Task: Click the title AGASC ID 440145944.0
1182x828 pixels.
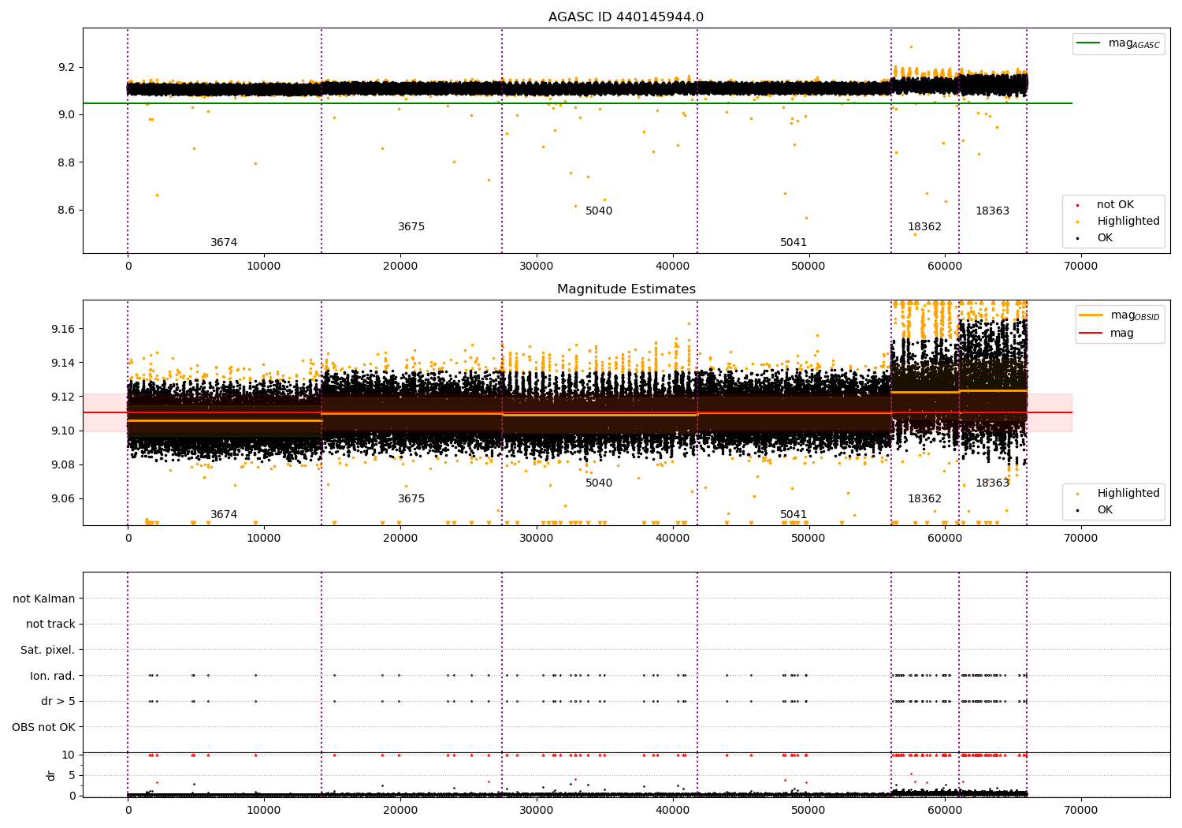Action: [x=626, y=17]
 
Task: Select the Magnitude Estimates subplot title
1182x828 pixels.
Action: [x=626, y=289]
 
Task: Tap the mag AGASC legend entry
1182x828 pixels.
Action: [x=1118, y=43]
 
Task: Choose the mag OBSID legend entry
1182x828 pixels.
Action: [x=1119, y=315]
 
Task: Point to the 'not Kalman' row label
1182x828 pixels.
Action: [x=44, y=599]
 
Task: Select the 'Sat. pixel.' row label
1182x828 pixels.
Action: [x=47, y=650]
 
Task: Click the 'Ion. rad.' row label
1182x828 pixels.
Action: [x=52, y=675]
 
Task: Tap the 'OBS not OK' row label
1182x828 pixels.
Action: [x=43, y=727]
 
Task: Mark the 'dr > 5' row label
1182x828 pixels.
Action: [x=58, y=701]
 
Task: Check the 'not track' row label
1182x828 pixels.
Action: [x=50, y=624]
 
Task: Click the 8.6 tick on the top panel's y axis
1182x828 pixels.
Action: [x=66, y=211]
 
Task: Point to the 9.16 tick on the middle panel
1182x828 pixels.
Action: [x=63, y=329]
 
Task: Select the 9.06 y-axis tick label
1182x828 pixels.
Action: [x=63, y=498]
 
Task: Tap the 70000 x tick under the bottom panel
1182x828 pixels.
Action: [x=1080, y=810]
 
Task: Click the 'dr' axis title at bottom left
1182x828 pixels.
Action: [x=50, y=776]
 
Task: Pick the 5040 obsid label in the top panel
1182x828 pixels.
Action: [x=599, y=211]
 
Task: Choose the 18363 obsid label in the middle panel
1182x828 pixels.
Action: [x=992, y=483]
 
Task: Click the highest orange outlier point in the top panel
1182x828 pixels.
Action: [x=911, y=47]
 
